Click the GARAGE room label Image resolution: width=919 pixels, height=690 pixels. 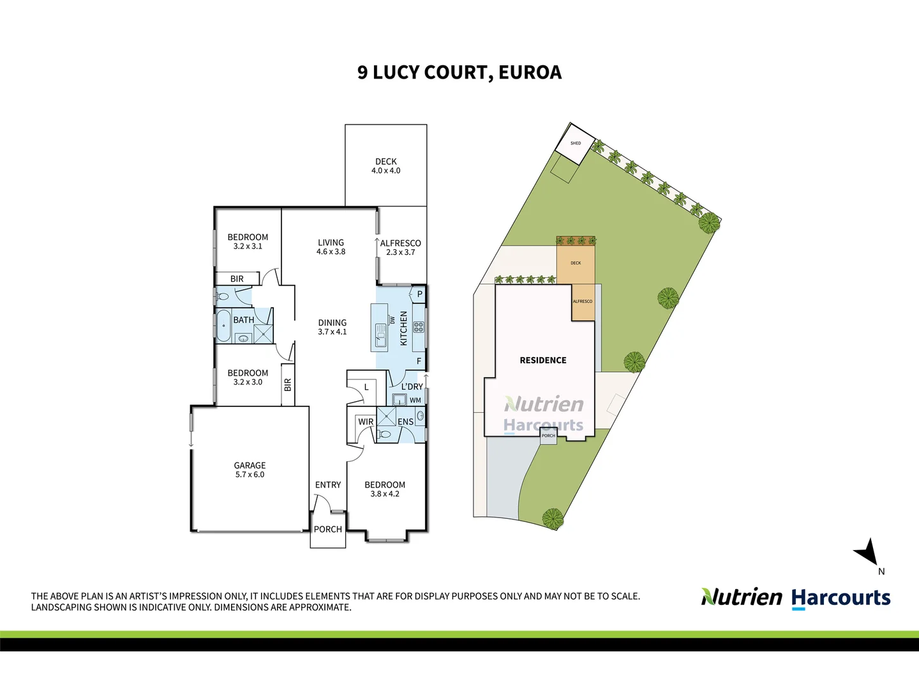point(250,469)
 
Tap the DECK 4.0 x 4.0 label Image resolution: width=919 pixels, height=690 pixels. point(385,166)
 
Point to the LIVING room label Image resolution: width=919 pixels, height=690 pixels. point(331,247)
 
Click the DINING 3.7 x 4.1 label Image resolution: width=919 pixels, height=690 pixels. point(332,326)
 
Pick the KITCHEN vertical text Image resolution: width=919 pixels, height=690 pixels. point(403,328)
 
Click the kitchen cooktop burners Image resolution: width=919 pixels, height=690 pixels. point(419,326)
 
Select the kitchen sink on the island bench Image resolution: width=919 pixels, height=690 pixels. point(380,335)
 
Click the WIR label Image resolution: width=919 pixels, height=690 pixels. point(366,422)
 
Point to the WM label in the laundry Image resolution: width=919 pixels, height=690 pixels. point(415,400)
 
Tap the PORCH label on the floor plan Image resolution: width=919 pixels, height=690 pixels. point(328,529)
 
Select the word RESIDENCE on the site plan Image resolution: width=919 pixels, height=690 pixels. point(543,360)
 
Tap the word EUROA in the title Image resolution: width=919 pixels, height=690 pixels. point(530,72)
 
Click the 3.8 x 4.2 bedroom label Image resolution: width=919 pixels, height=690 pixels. point(385,494)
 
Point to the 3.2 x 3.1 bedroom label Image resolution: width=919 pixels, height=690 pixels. point(248,247)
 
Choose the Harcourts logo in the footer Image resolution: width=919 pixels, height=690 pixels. point(841,598)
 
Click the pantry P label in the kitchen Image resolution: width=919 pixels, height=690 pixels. point(419,294)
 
